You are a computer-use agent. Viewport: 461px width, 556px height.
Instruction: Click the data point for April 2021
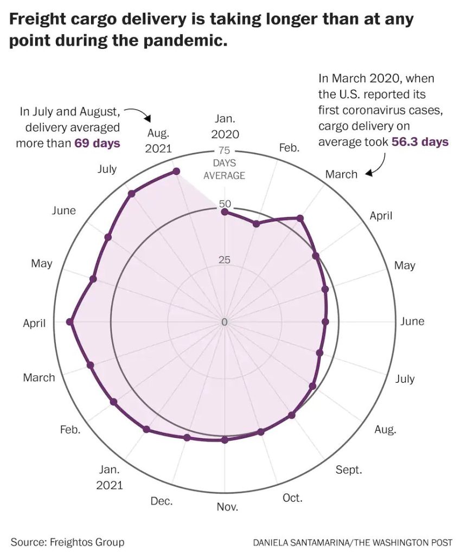pyautogui.click(x=69, y=322)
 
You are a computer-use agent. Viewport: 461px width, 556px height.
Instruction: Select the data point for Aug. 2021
pyautogui.click(x=176, y=172)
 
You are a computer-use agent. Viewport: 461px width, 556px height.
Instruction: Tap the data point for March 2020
pyautogui.click(x=300, y=218)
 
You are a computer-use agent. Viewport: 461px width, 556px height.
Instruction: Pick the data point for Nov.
pyautogui.click(x=225, y=439)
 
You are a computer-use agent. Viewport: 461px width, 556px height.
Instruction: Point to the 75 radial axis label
pyautogui.click(x=224, y=151)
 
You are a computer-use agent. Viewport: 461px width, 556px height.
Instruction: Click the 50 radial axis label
pyautogui.click(x=224, y=205)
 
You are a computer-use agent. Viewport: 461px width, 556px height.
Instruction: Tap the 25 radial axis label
pyautogui.click(x=224, y=260)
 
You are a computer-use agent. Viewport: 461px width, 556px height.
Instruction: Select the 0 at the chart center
pyautogui.click(x=225, y=322)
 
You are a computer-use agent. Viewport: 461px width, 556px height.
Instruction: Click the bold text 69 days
pyautogui.click(x=97, y=144)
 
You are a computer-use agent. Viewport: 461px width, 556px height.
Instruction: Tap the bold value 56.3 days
pyautogui.click(x=418, y=142)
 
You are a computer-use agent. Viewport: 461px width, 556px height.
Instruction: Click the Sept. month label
pyautogui.click(x=348, y=470)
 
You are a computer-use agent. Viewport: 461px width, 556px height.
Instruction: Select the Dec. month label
pyautogui.click(x=162, y=501)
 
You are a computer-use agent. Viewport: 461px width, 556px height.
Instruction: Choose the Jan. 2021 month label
pyautogui.click(x=110, y=477)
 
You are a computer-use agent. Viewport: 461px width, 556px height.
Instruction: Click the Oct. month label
pyautogui.click(x=293, y=498)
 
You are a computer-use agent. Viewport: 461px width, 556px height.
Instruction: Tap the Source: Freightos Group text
pyautogui.click(x=67, y=542)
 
